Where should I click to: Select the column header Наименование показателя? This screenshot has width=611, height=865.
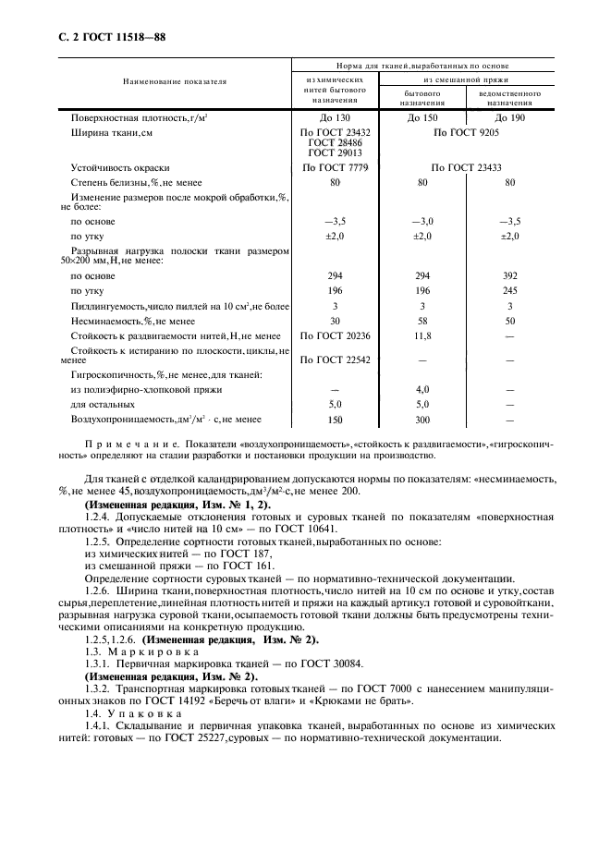175,82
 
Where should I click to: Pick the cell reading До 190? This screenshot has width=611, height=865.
509,118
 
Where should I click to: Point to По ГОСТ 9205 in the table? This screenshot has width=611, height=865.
466,133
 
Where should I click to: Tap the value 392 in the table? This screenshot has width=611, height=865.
509,275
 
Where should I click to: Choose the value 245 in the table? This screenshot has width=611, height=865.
509,291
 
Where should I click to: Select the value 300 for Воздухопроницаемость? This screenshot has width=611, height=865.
422,419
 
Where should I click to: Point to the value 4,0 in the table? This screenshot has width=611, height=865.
422,389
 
